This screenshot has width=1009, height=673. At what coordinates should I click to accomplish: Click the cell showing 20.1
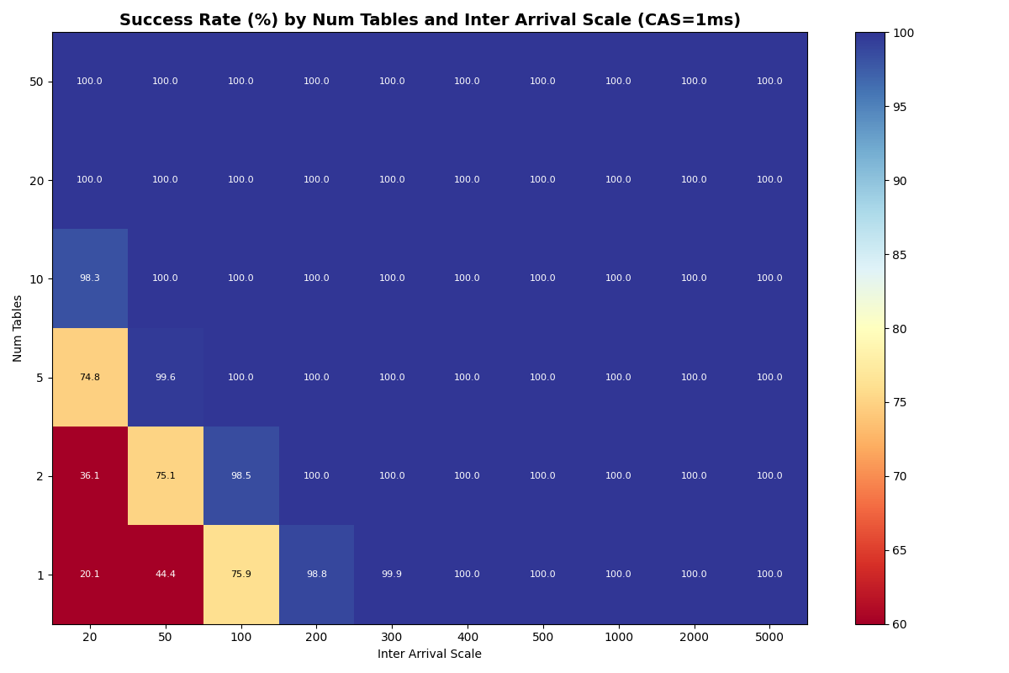click(89, 575)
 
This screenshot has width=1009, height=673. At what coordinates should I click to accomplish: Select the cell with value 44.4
click(165, 575)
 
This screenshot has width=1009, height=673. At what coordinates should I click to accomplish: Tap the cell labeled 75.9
click(240, 575)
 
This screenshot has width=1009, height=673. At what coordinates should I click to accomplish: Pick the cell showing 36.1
click(89, 476)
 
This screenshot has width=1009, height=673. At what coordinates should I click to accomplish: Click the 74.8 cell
click(89, 378)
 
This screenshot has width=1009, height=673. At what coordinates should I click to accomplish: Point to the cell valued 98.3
click(89, 278)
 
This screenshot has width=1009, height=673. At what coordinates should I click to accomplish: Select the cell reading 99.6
click(165, 378)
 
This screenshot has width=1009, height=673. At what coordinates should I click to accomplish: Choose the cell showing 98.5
click(240, 476)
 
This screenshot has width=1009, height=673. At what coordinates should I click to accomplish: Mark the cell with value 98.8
click(316, 575)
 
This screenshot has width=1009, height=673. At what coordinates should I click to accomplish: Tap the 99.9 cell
click(392, 575)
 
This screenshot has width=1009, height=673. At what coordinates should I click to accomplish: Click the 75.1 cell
click(165, 476)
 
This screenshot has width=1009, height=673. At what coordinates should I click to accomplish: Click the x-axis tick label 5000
click(769, 638)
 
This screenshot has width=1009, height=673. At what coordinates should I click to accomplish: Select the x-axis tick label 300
click(392, 638)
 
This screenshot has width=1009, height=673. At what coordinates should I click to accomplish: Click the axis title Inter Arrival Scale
click(429, 654)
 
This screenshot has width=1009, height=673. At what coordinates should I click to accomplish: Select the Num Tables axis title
click(18, 328)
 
